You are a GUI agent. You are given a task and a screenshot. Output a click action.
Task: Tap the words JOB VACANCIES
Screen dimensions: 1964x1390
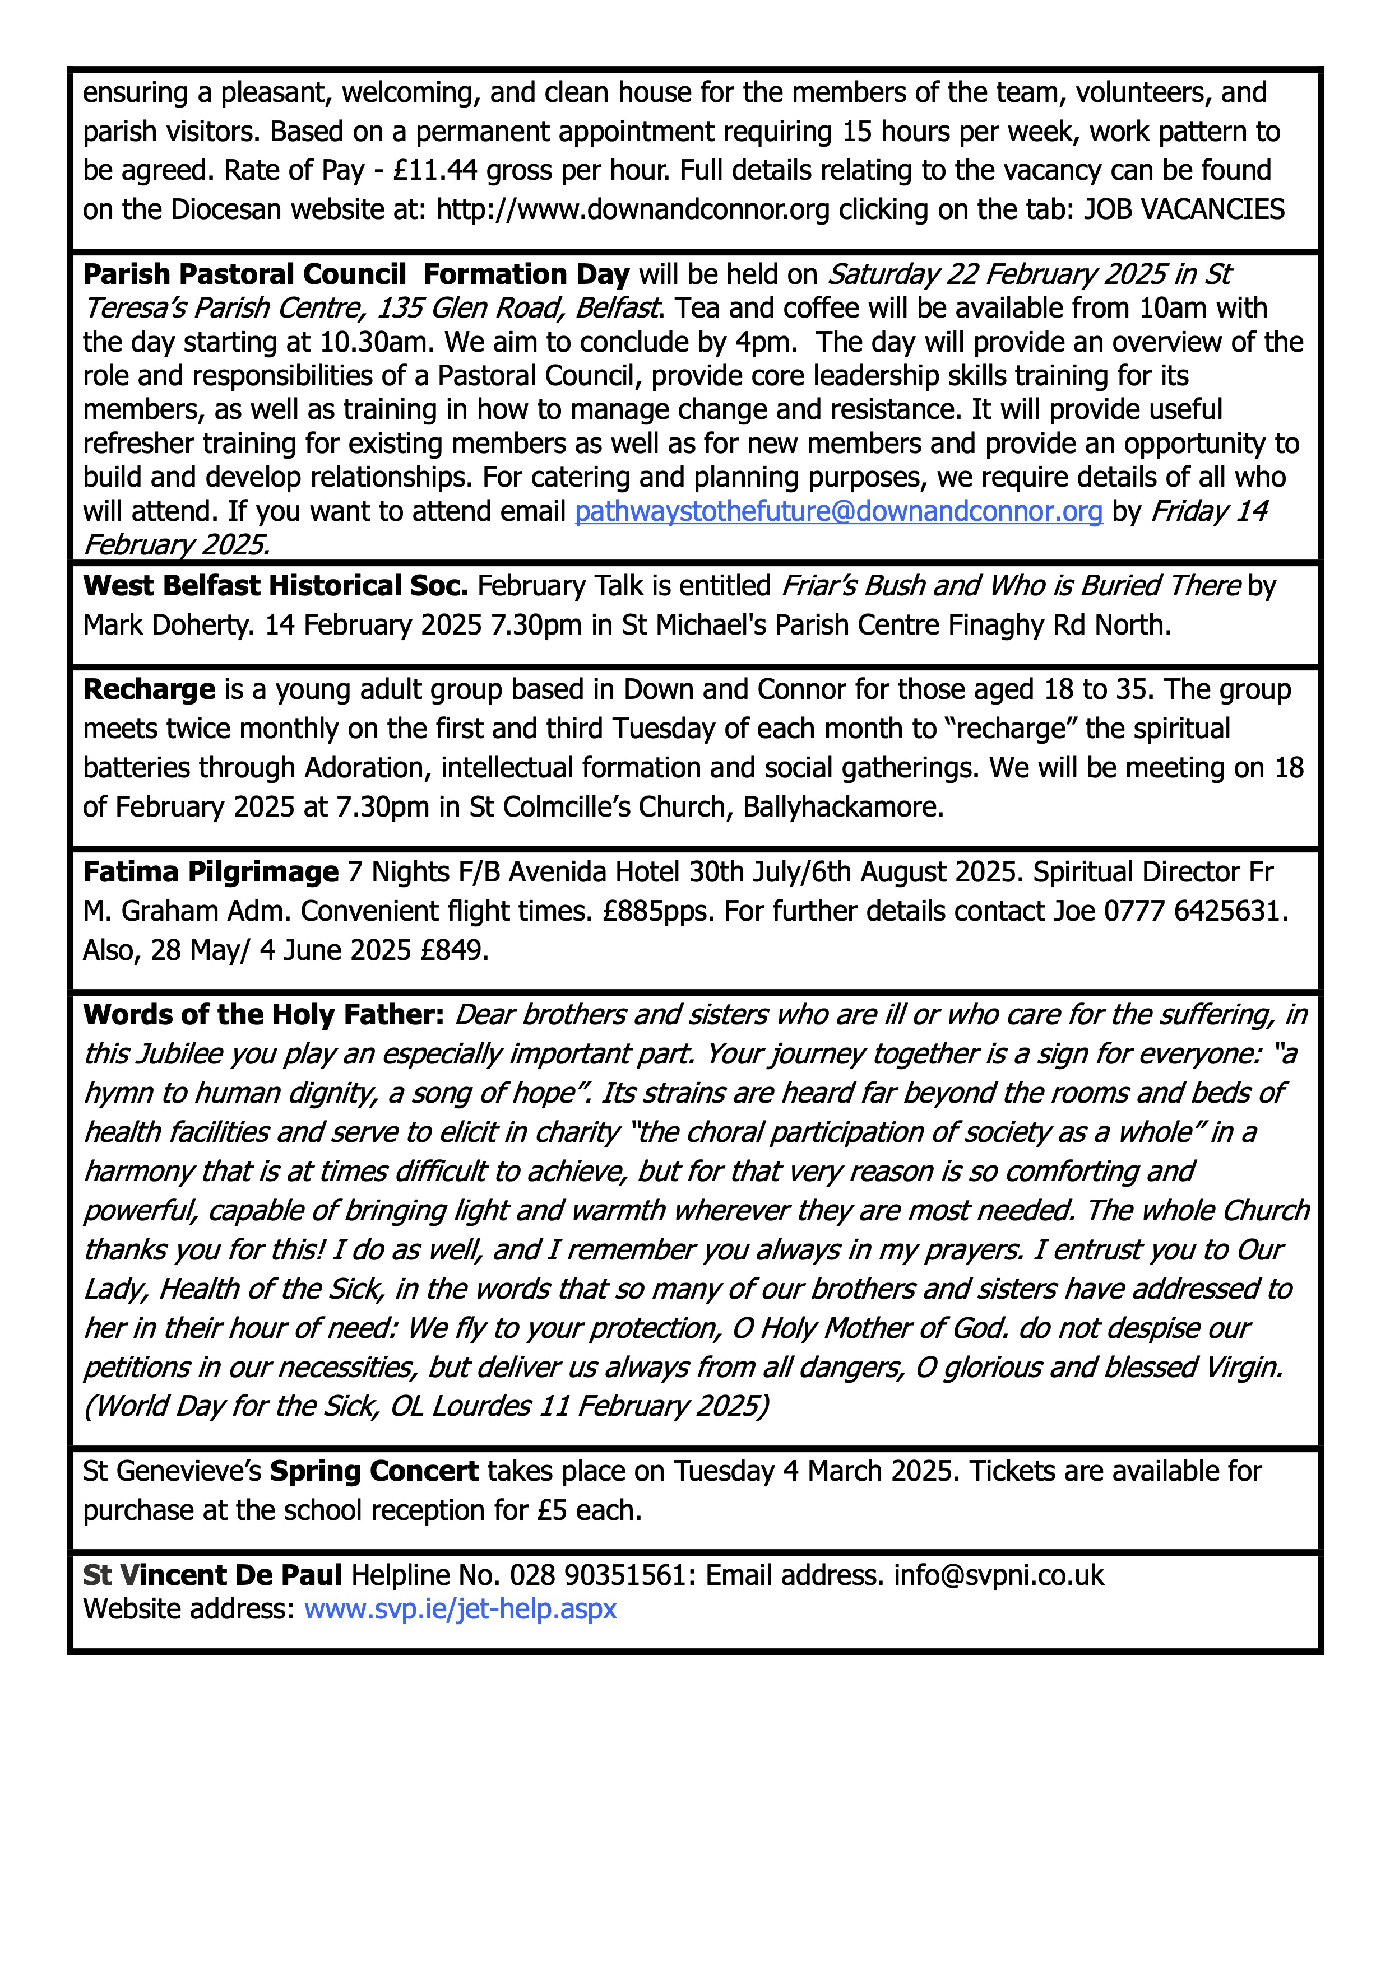pos(1184,209)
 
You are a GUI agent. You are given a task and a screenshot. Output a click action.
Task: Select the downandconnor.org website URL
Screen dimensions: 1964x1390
pos(633,209)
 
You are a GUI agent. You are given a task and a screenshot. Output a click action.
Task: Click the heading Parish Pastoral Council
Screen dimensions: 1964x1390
pos(245,274)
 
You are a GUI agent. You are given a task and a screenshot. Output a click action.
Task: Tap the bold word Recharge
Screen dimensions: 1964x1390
pos(149,689)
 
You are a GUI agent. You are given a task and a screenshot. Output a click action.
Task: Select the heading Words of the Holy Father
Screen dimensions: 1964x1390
pos(263,1015)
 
